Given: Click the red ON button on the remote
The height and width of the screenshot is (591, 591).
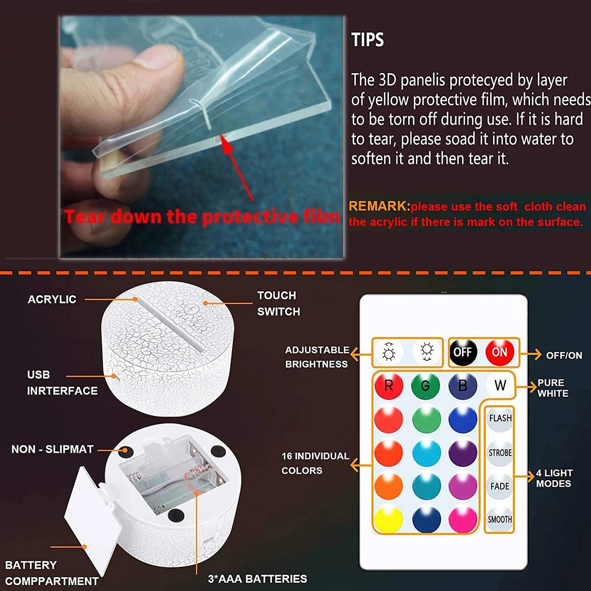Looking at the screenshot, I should click(499, 352).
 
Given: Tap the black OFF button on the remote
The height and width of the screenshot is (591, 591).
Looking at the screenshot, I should click(463, 352).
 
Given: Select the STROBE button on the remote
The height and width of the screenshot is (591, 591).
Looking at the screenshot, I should click(500, 453).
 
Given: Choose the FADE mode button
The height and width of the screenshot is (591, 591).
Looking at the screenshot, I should click(500, 486).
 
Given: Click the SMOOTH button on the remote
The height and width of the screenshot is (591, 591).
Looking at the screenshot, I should click(500, 519).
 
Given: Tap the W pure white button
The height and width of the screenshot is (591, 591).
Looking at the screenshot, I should click(500, 385).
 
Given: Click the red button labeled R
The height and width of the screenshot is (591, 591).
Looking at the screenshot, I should click(389, 385).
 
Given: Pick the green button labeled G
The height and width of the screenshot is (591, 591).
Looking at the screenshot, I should click(425, 385).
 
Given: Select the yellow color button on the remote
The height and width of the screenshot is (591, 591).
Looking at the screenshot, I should click(389, 519).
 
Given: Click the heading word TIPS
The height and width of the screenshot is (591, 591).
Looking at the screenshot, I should click(368, 40).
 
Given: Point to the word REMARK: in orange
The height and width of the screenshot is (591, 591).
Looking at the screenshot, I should click(379, 206).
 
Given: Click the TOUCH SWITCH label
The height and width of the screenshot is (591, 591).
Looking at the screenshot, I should click(279, 303).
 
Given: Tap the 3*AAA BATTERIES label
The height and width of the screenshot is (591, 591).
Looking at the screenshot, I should click(257, 579).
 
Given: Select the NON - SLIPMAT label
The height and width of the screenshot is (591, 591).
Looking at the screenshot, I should click(52, 449).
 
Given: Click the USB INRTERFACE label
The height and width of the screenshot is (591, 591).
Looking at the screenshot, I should click(62, 383).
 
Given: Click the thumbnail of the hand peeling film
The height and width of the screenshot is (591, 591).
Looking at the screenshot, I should click(202, 137).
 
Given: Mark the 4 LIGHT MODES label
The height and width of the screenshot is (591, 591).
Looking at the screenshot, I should click(554, 478).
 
